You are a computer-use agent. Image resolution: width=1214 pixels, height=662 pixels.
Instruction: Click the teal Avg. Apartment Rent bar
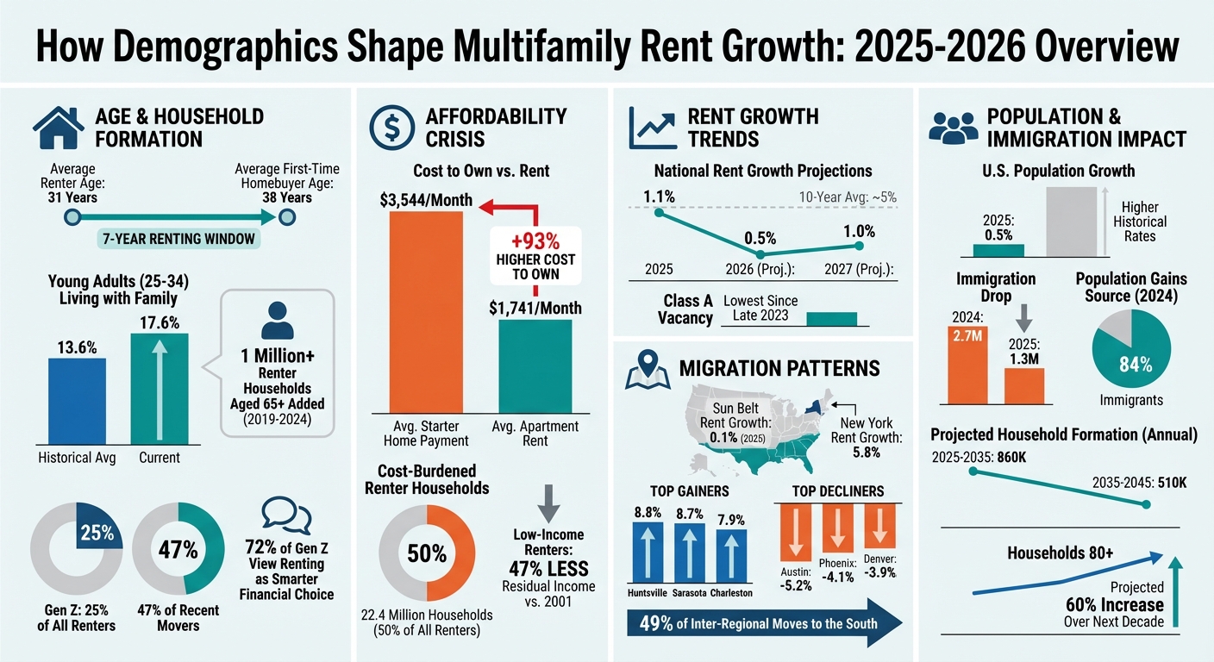point(535,366)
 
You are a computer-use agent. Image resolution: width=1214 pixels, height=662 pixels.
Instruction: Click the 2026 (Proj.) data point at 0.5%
point(760,254)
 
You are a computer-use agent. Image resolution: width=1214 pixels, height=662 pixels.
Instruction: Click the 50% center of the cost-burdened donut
point(427,553)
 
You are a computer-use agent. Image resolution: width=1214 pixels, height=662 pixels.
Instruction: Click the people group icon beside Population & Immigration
point(953,128)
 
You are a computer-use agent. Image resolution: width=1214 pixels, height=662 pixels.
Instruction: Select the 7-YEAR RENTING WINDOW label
point(177,238)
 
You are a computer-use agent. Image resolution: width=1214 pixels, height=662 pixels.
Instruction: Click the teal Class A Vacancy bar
point(832,317)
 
